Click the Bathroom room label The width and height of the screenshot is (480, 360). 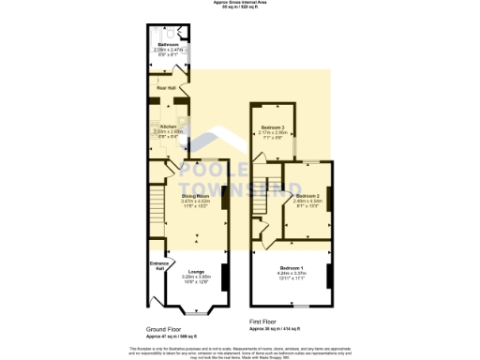(x=169, y=45)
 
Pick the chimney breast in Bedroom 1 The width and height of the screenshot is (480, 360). (x=328, y=277)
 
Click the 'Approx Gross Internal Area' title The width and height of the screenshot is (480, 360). (x=239, y=4)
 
